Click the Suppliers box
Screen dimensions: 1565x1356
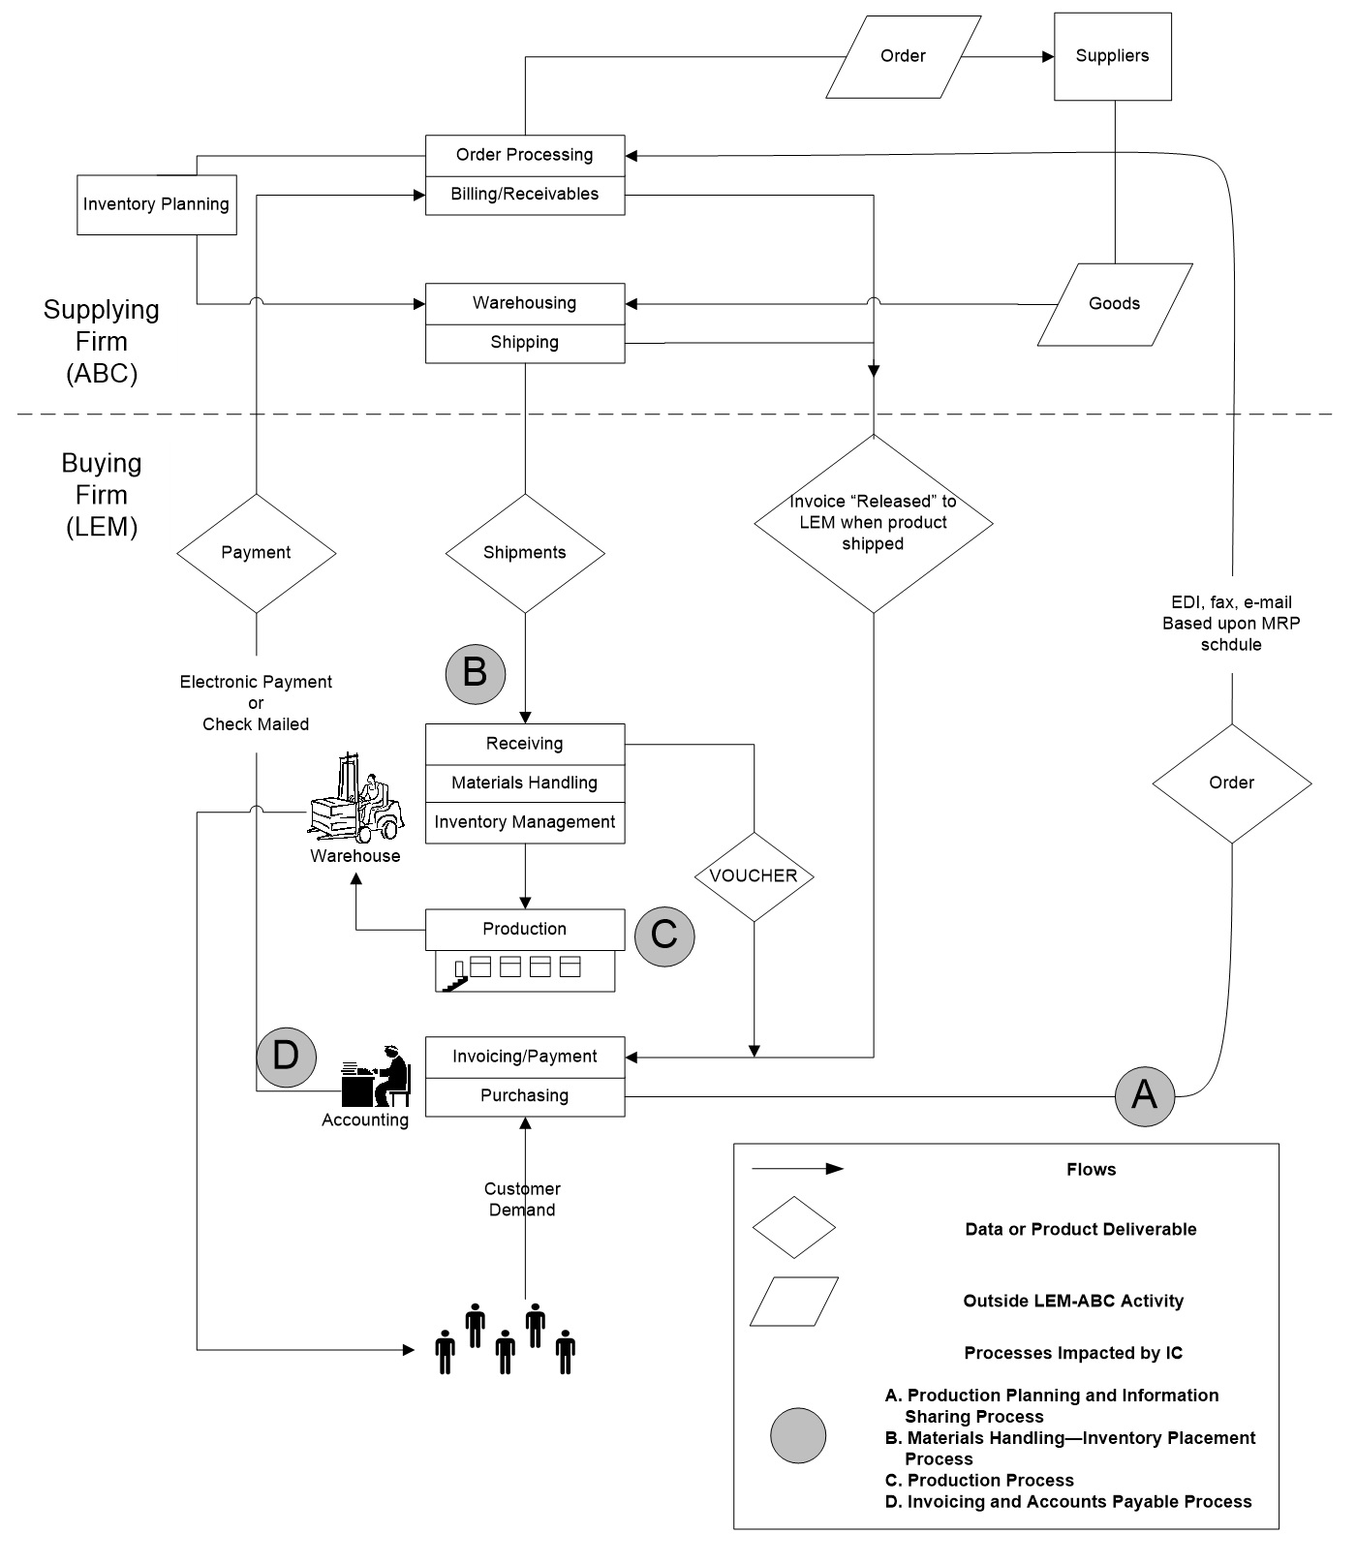click(x=1112, y=56)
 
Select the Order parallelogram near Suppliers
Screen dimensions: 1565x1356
click(x=903, y=56)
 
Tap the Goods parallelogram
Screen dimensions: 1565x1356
click(x=1114, y=304)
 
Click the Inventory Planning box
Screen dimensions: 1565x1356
click(x=156, y=204)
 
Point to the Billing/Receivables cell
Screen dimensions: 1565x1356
click(x=525, y=195)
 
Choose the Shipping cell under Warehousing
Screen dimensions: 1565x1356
click(x=525, y=343)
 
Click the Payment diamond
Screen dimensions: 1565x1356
click(x=256, y=553)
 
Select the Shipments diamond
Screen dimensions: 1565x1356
click(x=525, y=553)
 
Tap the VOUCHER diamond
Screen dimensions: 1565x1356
click(x=754, y=876)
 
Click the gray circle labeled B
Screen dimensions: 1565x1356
click(x=475, y=673)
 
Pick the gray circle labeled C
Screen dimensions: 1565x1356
click(x=664, y=936)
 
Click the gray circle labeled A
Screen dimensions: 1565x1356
click(x=1144, y=1096)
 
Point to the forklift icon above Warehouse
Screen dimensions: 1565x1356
click(x=354, y=801)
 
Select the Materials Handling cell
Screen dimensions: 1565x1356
click(x=525, y=782)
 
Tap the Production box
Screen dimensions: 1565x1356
click(x=525, y=930)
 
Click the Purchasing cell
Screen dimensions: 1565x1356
click(x=525, y=1096)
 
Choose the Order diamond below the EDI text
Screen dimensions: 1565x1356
click(x=1231, y=783)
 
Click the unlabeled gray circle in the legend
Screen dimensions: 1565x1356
click(x=798, y=1435)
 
